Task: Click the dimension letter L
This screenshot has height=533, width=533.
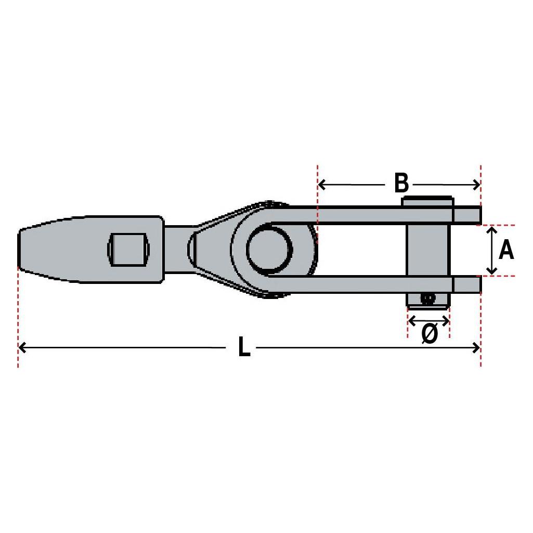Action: click(x=244, y=347)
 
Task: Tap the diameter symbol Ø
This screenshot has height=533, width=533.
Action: click(x=430, y=333)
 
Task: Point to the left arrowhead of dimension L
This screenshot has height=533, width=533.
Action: click(x=22, y=348)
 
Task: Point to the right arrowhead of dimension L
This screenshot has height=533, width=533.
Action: click(x=476, y=348)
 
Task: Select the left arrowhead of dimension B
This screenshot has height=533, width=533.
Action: click(x=321, y=185)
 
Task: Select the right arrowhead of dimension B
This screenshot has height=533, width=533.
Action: click(x=476, y=185)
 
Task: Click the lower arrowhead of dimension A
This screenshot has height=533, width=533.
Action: click(x=491, y=270)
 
